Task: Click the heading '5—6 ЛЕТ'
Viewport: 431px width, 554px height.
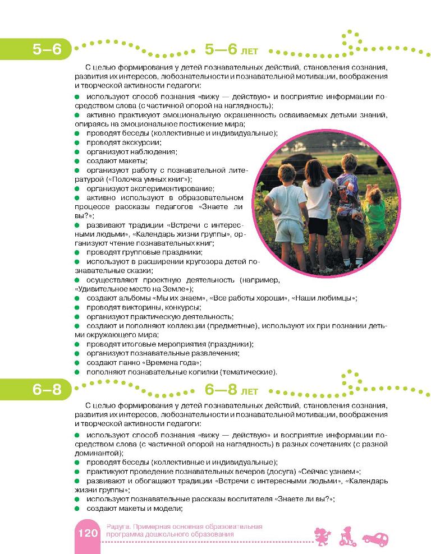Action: [x=231, y=50]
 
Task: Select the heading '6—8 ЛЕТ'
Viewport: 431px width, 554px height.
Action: [x=231, y=391]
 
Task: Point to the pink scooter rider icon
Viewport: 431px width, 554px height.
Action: [x=347, y=535]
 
